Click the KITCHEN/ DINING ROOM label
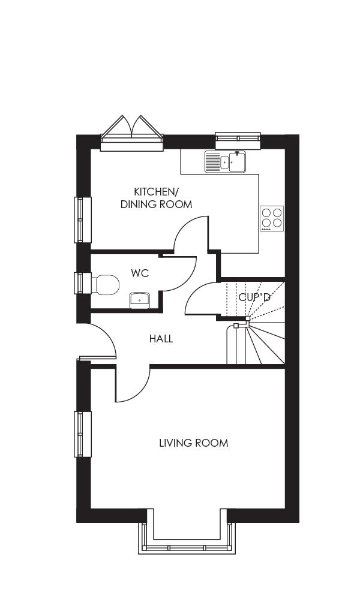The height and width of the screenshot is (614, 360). [156, 198]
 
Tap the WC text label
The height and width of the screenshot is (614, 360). [140, 273]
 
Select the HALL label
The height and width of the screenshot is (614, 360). [161, 339]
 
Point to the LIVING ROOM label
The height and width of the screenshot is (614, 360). [193, 443]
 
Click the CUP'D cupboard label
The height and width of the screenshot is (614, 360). [254, 297]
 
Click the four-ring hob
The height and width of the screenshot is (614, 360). [271, 218]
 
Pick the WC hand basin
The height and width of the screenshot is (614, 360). [139, 299]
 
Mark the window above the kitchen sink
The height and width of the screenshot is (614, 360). [238, 140]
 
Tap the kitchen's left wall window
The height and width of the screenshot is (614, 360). [83, 219]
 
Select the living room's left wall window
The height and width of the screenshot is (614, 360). [83, 434]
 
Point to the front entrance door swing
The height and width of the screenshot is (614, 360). [99, 342]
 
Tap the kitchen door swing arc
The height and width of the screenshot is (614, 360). [191, 234]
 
